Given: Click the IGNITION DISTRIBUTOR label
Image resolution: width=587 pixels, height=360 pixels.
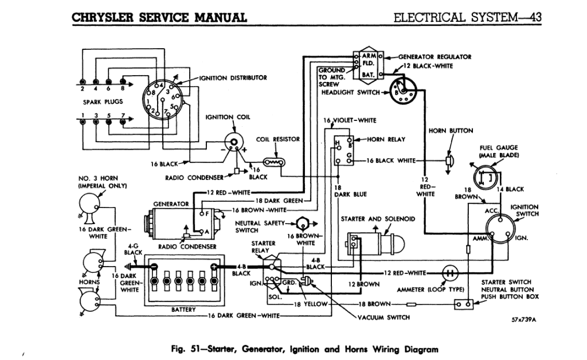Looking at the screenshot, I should [232, 77].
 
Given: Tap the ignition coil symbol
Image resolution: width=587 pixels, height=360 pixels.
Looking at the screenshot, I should [233, 140].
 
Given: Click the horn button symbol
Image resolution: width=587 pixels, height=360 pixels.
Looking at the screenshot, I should [449, 161].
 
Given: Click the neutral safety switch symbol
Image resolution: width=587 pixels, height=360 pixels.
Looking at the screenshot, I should [303, 223].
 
